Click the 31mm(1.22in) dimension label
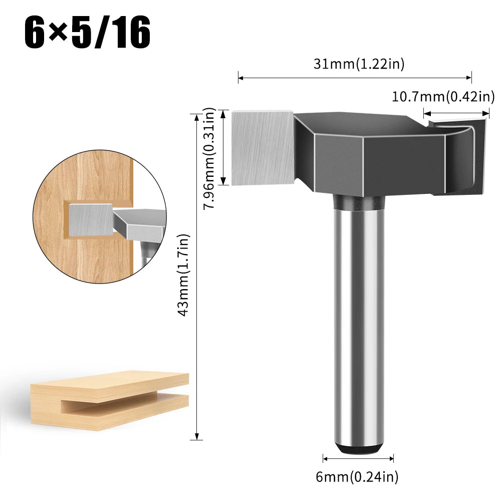click(x=359, y=64)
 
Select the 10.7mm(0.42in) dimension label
click(x=443, y=96)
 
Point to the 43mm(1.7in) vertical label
click(x=184, y=275)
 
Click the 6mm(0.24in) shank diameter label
click(x=357, y=477)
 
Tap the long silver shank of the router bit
click(x=357, y=321)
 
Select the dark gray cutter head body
click(x=361, y=150)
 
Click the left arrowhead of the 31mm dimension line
click(x=240, y=78)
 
